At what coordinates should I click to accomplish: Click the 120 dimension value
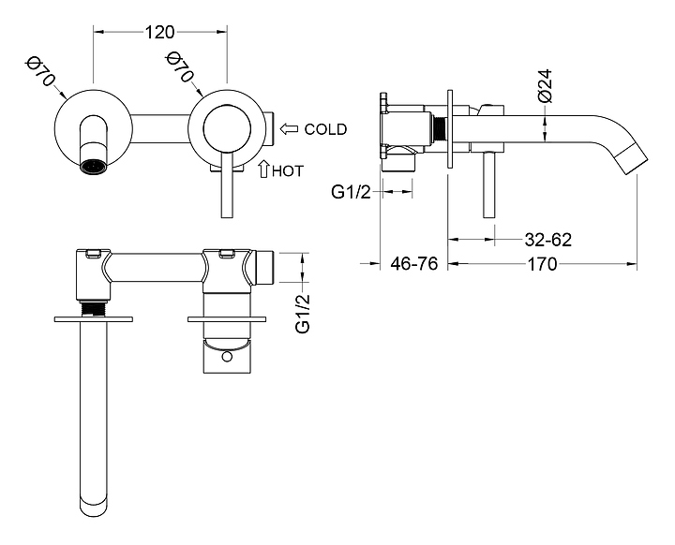pyautogui.click(x=160, y=32)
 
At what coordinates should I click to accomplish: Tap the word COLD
pyautogui.click(x=325, y=129)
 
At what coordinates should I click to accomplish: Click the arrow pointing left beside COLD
pyautogui.click(x=290, y=129)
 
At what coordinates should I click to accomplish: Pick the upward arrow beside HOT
pyautogui.click(x=263, y=169)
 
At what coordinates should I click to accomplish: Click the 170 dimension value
pyautogui.click(x=542, y=264)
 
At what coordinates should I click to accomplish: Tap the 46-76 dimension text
pyautogui.click(x=413, y=264)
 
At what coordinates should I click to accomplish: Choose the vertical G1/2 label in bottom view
pyautogui.click(x=303, y=313)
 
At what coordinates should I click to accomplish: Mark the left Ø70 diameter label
pyautogui.click(x=39, y=72)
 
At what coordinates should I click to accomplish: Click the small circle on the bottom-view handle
pyautogui.click(x=228, y=356)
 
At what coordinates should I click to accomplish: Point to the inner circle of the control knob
pyautogui.click(x=227, y=124)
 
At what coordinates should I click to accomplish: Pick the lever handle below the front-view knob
pyautogui.click(x=226, y=187)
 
